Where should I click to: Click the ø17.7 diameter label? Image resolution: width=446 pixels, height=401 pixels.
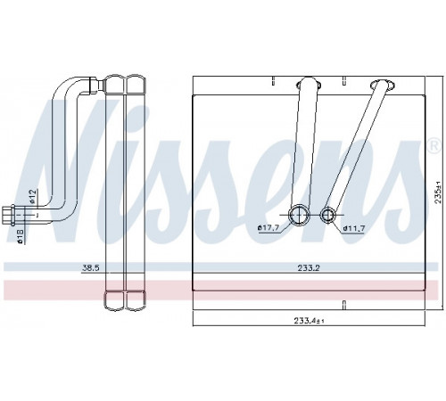click(x=268, y=228)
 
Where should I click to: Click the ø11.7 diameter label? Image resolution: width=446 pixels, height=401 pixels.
click(x=353, y=228)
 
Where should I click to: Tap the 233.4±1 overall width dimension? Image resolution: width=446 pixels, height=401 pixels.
click(x=309, y=321)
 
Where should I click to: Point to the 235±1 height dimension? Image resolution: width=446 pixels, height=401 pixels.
click(x=438, y=195)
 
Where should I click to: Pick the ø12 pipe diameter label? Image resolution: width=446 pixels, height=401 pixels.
click(x=33, y=196)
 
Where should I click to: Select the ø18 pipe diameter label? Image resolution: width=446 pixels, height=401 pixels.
click(x=21, y=236)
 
